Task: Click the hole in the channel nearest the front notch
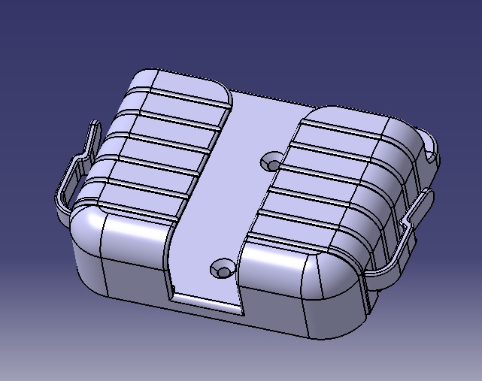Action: [x=223, y=269]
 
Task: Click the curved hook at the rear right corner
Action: [x=430, y=150]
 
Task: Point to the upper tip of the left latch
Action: [x=95, y=125]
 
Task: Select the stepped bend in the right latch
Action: [x=410, y=219]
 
